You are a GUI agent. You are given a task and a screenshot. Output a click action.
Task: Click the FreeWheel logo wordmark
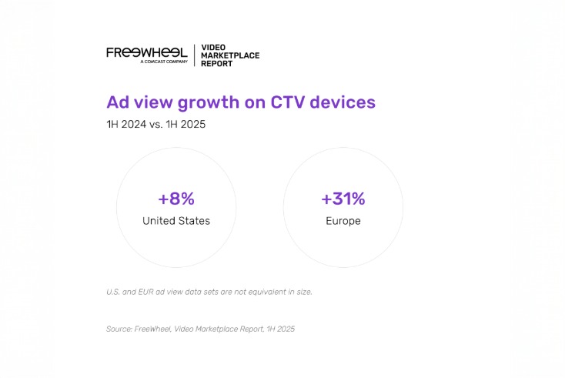(x=146, y=52)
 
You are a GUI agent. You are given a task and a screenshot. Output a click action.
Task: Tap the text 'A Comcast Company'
(x=164, y=62)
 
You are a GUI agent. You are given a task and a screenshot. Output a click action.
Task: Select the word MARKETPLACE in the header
(x=230, y=55)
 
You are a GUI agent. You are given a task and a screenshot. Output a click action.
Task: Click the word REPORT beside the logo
(x=217, y=64)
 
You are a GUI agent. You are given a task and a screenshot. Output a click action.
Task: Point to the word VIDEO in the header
(x=212, y=47)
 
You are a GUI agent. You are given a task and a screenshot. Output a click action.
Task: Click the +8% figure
(x=176, y=199)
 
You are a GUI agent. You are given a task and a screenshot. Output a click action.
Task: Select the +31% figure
(x=343, y=199)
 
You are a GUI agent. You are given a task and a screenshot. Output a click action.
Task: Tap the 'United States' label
(x=176, y=221)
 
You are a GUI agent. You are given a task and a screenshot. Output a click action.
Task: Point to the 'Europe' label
(x=343, y=221)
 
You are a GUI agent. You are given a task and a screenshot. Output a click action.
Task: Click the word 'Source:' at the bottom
(x=119, y=329)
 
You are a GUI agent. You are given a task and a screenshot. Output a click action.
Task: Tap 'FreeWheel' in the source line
(x=155, y=329)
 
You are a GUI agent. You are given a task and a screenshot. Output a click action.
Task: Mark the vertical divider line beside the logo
(x=194, y=55)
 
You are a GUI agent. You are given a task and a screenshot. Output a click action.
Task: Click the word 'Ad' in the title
(x=118, y=102)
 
